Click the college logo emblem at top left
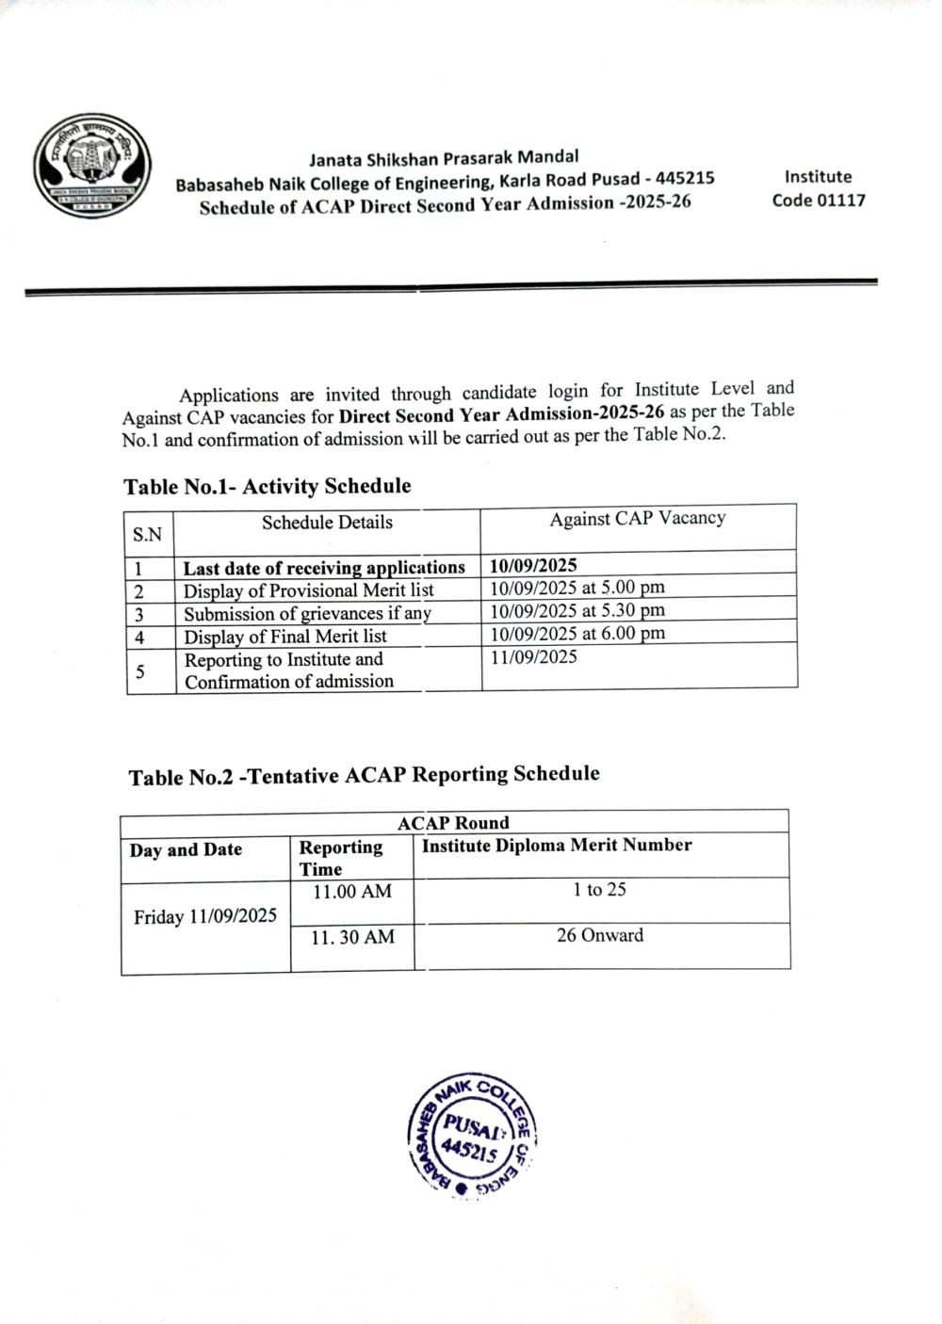click(92, 170)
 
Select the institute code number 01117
click(840, 200)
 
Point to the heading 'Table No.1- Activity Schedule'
click(268, 486)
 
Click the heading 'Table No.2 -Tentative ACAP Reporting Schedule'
click(364, 775)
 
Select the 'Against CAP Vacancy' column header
click(638, 518)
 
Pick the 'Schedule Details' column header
click(327, 523)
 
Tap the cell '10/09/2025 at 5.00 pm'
click(577, 588)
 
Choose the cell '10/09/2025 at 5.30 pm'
click(577, 610)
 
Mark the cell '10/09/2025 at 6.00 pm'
click(577, 633)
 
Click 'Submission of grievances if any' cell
click(307, 614)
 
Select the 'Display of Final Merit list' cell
click(285, 637)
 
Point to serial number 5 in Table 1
click(140, 672)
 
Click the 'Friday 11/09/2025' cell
click(205, 916)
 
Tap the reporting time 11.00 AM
click(352, 892)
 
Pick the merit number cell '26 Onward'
click(600, 936)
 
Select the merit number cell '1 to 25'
click(599, 890)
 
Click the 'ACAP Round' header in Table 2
click(453, 823)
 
